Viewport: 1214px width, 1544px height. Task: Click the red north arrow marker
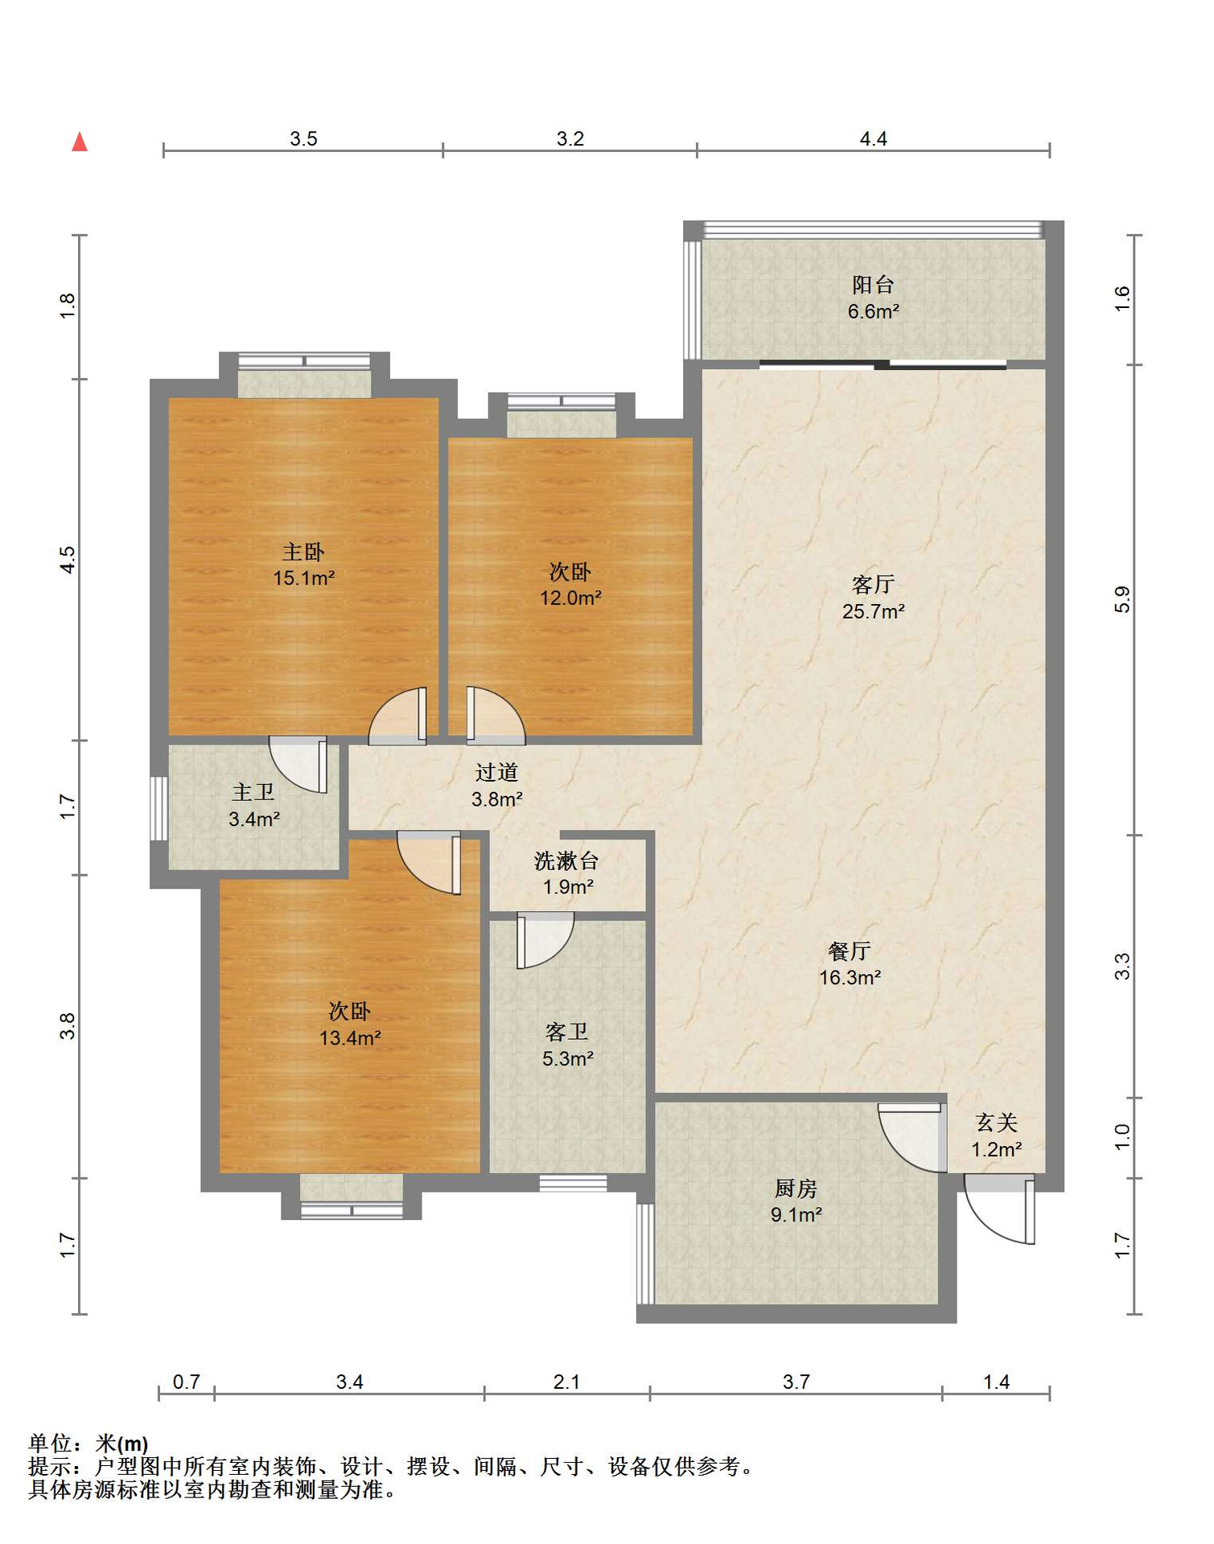[x=79, y=142]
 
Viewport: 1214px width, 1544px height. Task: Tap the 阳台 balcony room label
[x=873, y=285]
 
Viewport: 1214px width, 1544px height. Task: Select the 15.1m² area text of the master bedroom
[x=303, y=578]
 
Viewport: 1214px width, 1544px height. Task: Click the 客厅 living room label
[x=873, y=585]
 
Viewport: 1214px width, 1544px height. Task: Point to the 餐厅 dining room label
[x=850, y=951]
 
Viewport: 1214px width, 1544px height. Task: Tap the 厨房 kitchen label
[x=796, y=1188]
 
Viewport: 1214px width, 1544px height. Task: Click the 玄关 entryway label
[x=997, y=1123]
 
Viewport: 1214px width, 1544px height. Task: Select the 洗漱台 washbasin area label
[x=566, y=861]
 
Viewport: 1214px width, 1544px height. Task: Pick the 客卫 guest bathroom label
[x=567, y=1032]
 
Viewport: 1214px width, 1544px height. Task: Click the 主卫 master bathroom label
[x=253, y=793]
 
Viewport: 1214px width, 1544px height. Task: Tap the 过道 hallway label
[x=496, y=773]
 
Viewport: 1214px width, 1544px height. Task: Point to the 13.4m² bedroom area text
[x=350, y=1038]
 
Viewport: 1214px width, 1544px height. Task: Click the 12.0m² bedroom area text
[x=570, y=598]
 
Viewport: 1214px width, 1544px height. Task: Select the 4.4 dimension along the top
[x=873, y=139]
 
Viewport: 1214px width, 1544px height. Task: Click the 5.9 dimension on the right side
[x=1122, y=600]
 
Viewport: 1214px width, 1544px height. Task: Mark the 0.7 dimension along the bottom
[x=186, y=1382]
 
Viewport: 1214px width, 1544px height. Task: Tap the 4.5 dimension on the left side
[x=68, y=560]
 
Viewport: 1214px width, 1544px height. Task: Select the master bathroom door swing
[x=298, y=765]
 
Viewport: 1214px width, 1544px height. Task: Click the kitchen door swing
[x=912, y=1138]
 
